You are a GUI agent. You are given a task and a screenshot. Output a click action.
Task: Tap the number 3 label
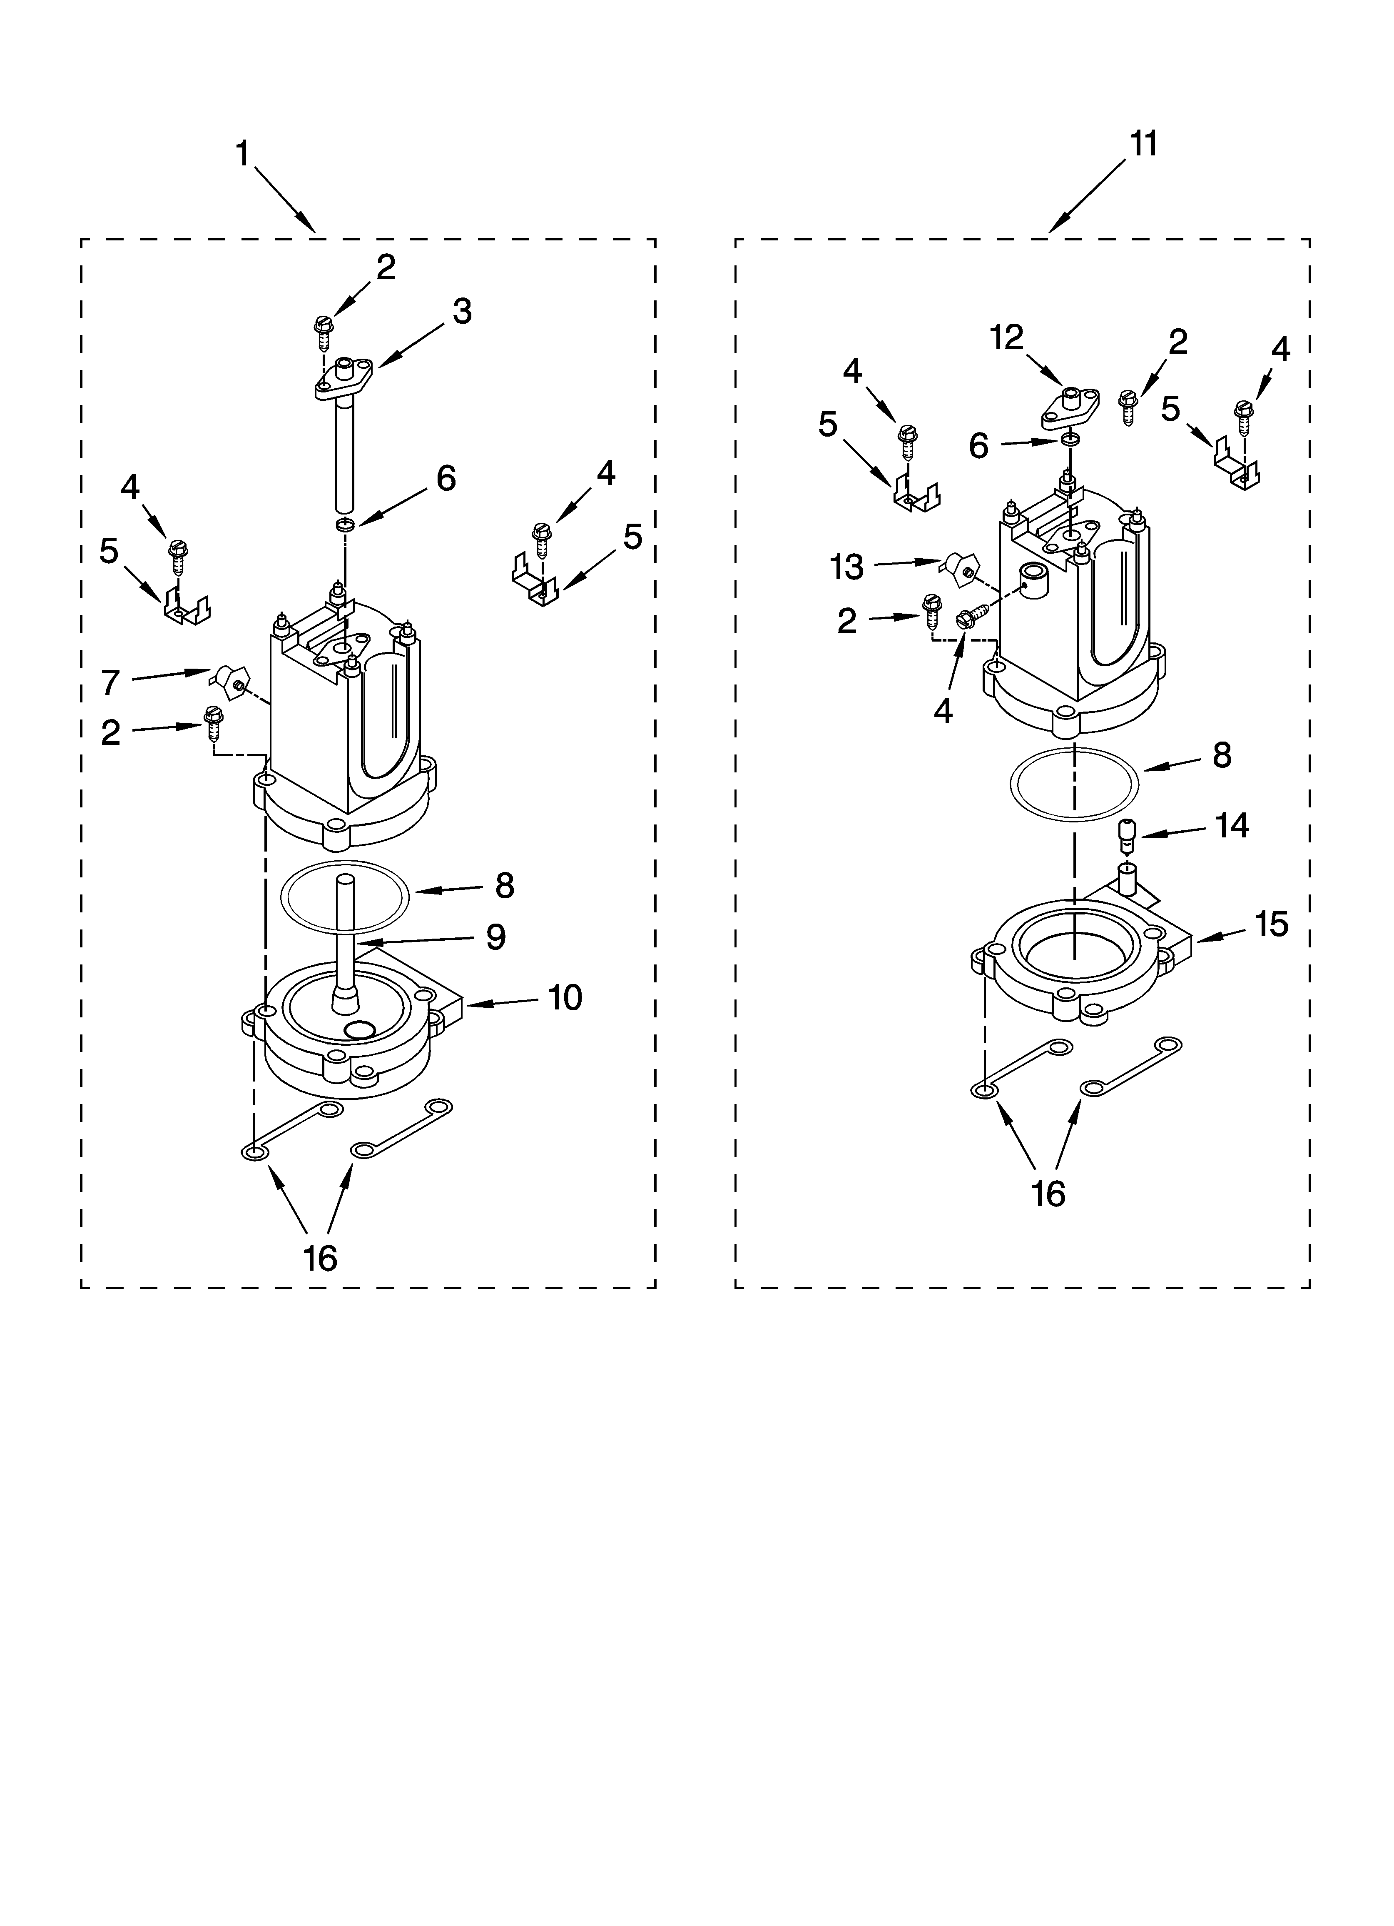[462, 312]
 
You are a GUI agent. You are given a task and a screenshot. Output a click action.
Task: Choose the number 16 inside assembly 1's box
[320, 1258]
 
